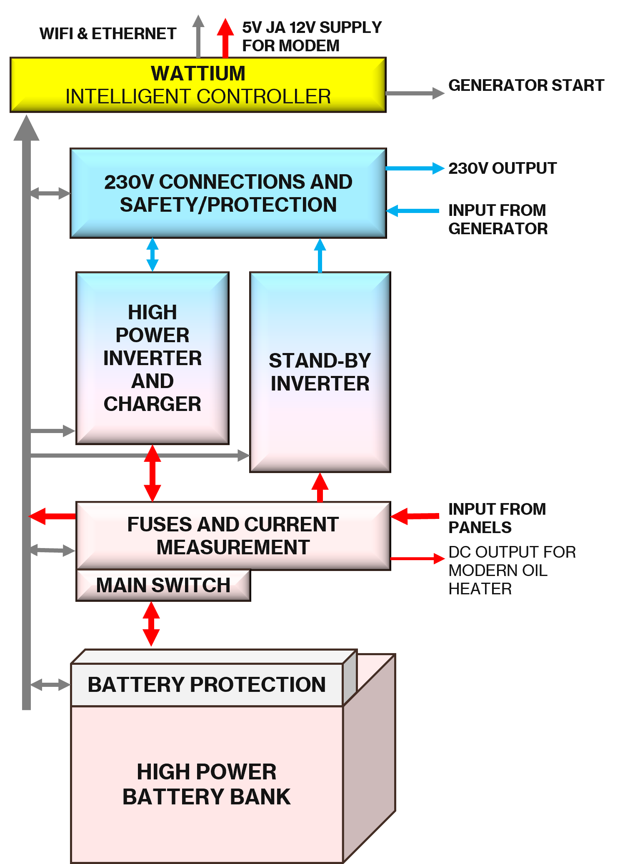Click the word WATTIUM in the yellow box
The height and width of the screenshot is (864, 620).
pyautogui.click(x=198, y=74)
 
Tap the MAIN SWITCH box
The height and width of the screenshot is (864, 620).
pyautogui.click(x=163, y=585)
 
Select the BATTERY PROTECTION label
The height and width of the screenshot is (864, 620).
pyautogui.click(x=207, y=685)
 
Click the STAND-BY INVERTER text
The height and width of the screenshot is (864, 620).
pyautogui.click(x=320, y=372)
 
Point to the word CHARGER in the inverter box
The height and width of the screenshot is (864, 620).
pyautogui.click(x=152, y=404)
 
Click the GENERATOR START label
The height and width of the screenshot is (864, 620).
pyautogui.click(x=526, y=85)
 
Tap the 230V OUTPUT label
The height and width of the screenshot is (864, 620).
pyautogui.click(x=502, y=168)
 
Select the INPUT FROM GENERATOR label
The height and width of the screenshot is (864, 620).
pyautogui.click(x=497, y=219)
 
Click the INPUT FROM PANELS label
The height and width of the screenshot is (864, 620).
pyautogui.click(x=497, y=518)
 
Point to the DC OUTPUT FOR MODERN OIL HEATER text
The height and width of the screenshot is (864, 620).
pyautogui.click(x=512, y=570)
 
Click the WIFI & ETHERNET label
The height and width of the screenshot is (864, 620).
pyautogui.click(x=108, y=34)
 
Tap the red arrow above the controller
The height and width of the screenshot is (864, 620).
pyautogui.click(x=225, y=38)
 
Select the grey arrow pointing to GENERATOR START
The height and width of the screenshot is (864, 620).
pyautogui.click(x=415, y=93)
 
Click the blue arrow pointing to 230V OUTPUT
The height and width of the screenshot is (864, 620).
pyautogui.click(x=415, y=168)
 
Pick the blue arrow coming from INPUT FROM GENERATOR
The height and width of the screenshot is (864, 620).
pyautogui.click(x=412, y=211)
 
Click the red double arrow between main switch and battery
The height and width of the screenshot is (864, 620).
pyautogui.click(x=151, y=624)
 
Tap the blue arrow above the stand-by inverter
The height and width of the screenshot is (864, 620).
pyautogui.click(x=320, y=255)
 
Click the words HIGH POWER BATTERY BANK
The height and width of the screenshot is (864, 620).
pyautogui.click(x=207, y=784)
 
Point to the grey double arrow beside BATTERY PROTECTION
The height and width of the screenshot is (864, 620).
pyautogui.click(x=50, y=684)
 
